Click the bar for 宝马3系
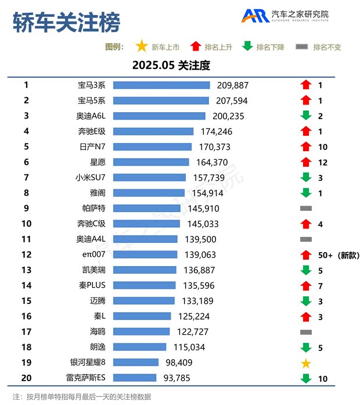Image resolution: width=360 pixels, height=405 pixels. click(161, 85)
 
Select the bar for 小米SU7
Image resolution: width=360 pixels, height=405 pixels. click(149, 178)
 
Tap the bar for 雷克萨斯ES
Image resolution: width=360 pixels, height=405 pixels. click(134, 378)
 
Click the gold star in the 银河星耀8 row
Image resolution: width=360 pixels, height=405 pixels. click(306, 363)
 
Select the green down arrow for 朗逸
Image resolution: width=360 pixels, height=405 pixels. click(306, 347)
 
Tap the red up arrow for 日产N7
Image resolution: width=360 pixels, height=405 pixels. click(306, 146)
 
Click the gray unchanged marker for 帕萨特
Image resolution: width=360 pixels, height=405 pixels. click(306, 208)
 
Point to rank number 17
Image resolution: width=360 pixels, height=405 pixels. click(26, 332)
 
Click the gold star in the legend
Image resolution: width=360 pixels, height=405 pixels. click(141, 46)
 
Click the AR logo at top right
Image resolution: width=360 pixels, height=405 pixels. click(255, 16)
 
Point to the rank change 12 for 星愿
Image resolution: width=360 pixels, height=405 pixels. click(323, 162)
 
